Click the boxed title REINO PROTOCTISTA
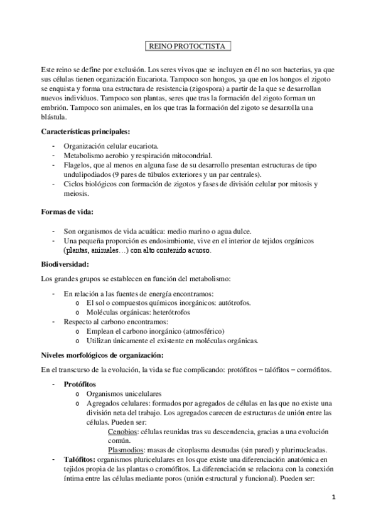pos(188,46)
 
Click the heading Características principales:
pos(85,131)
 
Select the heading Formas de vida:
pos(67,211)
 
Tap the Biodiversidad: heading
pos(65,263)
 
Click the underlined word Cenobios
pos(123,432)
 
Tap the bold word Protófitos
pos(80,383)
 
